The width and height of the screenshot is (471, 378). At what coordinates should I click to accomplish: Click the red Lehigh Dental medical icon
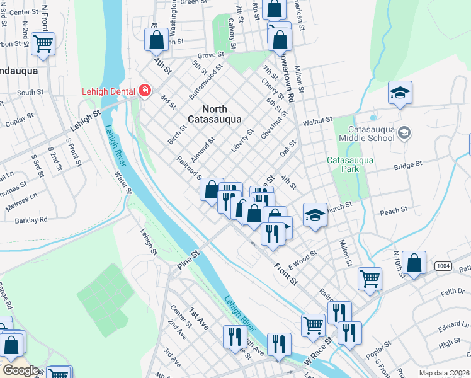click(145, 91)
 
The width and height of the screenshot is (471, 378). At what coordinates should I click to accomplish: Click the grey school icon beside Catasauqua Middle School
click(404, 132)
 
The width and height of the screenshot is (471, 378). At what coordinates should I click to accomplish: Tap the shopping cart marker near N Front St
click(43, 44)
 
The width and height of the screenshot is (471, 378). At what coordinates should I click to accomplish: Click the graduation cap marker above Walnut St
click(400, 94)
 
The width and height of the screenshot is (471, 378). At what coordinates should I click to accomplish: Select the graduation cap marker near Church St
click(314, 215)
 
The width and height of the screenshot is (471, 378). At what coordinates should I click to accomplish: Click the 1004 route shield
click(443, 266)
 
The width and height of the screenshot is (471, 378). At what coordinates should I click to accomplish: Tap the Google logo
click(20, 370)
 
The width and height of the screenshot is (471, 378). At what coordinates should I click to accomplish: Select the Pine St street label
click(188, 260)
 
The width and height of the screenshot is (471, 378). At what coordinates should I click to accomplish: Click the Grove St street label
click(212, 55)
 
